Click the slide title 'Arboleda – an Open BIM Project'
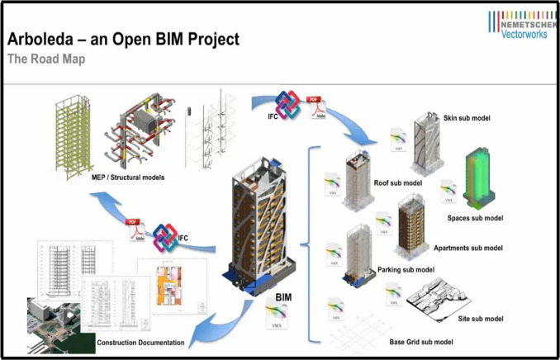click(123, 39)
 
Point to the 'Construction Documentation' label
click(140, 343)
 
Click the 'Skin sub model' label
click(467, 118)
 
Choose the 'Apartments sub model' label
click(468, 248)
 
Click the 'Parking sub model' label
click(406, 269)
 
